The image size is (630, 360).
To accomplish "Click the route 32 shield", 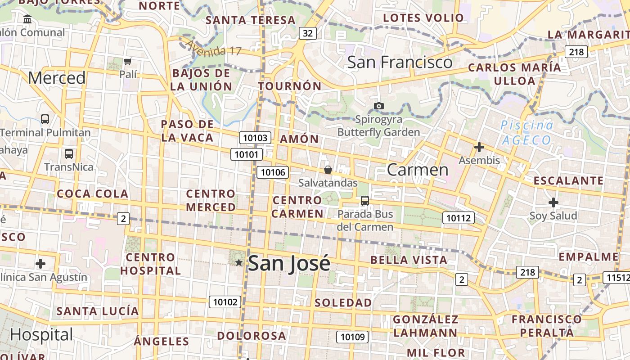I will click(308, 33).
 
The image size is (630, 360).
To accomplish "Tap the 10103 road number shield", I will click(255, 138).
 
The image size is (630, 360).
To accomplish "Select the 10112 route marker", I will click(459, 218).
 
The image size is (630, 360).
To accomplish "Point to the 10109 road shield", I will click(352, 337).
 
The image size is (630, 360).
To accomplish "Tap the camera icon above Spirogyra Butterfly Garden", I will click(379, 106).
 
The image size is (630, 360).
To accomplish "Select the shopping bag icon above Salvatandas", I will click(328, 170).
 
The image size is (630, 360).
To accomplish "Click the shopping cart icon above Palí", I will click(128, 61).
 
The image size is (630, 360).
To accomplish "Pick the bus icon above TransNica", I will click(69, 154).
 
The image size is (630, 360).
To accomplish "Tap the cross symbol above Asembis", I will click(479, 147).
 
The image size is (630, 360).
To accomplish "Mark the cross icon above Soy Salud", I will click(553, 202).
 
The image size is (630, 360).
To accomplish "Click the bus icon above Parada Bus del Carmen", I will click(365, 201).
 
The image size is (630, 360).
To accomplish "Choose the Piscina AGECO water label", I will click(527, 132).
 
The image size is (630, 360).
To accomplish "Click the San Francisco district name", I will click(400, 62).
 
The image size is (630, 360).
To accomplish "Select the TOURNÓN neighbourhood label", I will click(290, 86).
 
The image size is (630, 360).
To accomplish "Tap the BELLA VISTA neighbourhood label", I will click(409, 260).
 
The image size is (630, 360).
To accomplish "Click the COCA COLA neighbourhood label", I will click(92, 194).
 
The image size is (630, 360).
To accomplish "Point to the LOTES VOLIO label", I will click(423, 18).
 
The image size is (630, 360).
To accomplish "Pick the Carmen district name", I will click(418, 170).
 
